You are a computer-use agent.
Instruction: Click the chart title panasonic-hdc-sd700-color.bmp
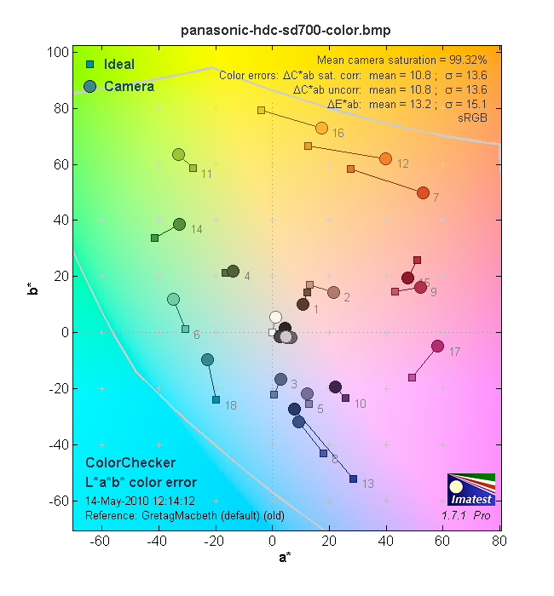(286, 31)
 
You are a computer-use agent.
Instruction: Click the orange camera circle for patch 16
(321, 128)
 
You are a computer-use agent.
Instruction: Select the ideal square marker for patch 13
(353, 479)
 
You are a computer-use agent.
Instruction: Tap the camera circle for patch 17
(437, 346)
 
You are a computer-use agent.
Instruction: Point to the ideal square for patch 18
(216, 399)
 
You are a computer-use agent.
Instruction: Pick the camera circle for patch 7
(423, 192)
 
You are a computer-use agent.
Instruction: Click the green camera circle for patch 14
(179, 224)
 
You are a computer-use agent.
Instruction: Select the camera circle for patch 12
(385, 158)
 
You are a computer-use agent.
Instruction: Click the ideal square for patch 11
(193, 168)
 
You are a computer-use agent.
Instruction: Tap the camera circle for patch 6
(173, 299)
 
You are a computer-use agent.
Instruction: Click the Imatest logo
(470, 489)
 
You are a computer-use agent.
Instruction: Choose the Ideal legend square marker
(89, 65)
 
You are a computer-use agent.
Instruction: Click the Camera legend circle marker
(89, 86)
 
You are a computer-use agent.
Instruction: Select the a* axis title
(286, 558)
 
